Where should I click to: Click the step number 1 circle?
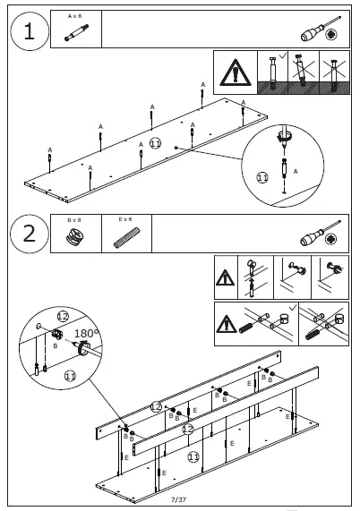click(x=30, y=31)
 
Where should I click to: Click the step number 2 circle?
click(x=30, y=234)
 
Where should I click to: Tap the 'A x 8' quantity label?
click(x=75, y=16)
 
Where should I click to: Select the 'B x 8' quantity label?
click(x=74, y=220)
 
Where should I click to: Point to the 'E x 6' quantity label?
click(x=125, y=219)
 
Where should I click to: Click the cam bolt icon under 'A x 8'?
click(x=76, y=32)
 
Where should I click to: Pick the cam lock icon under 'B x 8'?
click(x=75, y=236)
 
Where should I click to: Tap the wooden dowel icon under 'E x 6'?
click(x=127, y=238)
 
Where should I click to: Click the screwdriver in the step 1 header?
click(x=321, y=29)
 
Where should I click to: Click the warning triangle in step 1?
click(x=236, y=72)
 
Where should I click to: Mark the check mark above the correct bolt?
click(x=283, y=55)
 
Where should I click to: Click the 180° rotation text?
click(x=87, y=334)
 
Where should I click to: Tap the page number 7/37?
click(x=179, y=499)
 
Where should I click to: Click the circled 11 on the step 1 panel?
click(x=155, y=143)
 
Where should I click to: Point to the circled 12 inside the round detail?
click(x=63, y=316)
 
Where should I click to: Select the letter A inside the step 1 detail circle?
click(x=296, y=172)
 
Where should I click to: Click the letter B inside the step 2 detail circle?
click(x=56, y=345)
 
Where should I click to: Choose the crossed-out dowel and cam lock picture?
click(x=324, y=324)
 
